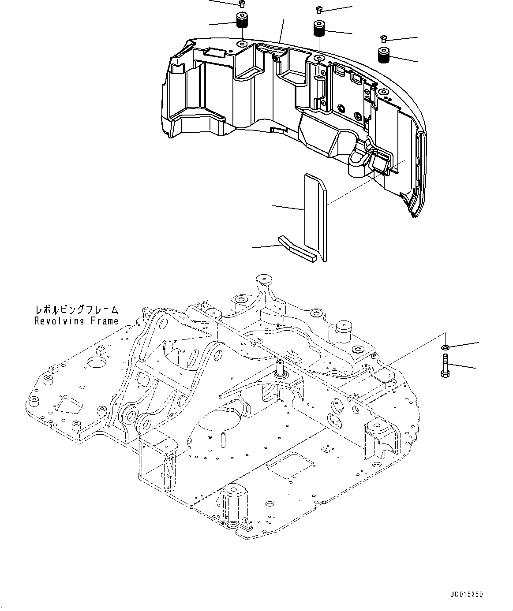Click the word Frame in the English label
click(105, 321)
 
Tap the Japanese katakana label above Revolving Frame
click(77, 311)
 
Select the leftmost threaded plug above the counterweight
click(241, 20)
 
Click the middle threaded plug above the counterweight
click(319, 29)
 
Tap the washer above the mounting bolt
click(446, 348)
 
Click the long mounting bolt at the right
click(445, 365)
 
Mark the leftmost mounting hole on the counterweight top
click(242, 45)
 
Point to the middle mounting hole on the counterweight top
click(318, 59)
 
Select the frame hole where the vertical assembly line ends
click(358, 350)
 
